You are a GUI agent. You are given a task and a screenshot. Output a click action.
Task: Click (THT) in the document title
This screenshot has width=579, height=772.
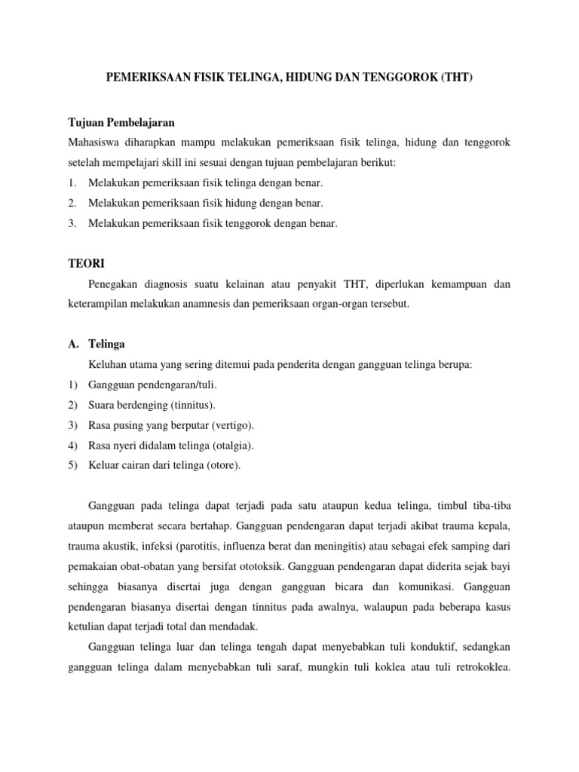click(452, 78)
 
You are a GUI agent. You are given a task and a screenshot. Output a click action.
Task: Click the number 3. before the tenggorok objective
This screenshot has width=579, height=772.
click(72, 223)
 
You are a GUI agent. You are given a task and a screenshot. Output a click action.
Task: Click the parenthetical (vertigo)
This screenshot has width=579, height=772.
click(229, 424)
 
